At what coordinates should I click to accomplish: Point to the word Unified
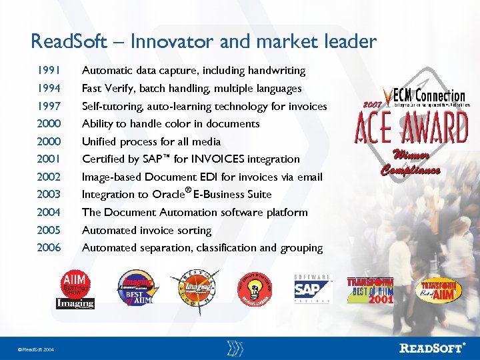point(100,141)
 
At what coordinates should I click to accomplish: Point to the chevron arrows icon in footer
point(235,347)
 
